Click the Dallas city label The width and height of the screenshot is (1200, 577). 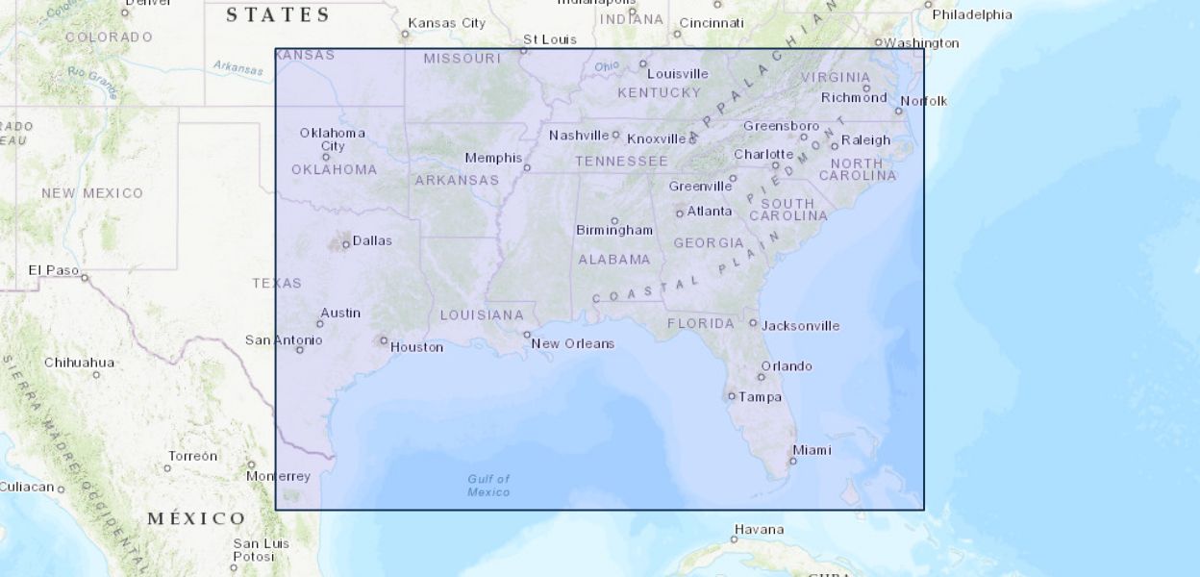coord(372,240)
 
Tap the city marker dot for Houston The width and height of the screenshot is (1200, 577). coord(384,340)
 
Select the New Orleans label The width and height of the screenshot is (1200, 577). coord(572,343)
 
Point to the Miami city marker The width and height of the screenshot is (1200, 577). coord(791,461)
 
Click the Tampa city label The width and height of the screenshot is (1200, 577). coord(760,396)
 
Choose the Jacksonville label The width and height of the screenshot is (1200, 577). coord(800,325)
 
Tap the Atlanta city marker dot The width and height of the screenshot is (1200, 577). coord(680,213)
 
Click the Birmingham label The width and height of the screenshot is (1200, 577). coord(613,230)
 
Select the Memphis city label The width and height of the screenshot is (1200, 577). coord(493,158)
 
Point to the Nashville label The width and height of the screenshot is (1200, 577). coord(579,136)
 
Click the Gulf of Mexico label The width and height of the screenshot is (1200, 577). coord(488,486)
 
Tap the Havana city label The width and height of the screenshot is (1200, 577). coord(759,529)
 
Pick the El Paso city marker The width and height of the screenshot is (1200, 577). coord(85,278)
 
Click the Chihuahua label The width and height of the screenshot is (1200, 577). coord(79,363)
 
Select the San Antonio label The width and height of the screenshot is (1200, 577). coord(284,339)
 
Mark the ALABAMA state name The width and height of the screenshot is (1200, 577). coord(614,260)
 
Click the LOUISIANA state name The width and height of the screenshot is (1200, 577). coord(482,315)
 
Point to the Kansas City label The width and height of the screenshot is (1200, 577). coord(446,22)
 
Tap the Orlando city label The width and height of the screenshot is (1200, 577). coord(787,365)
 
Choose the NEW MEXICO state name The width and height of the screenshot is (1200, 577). coord(91,193)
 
